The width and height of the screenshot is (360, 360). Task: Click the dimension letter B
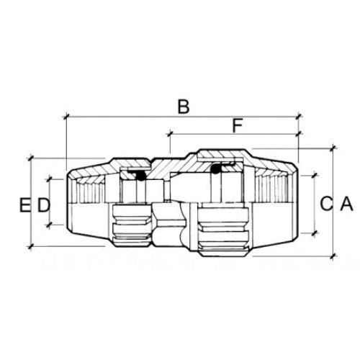pyautogui.click(x=184, y=107)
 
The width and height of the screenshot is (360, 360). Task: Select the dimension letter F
pyautogui.click(x=238, y=126)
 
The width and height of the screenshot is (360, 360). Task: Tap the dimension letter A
pyautogui.click(x=346, y=204)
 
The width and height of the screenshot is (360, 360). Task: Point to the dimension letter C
pyautogui.click(x=326, y=204)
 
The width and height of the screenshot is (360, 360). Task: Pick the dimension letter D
pyautogui.click(x=43, y=205)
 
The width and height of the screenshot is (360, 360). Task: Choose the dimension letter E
pyautogui.click(x=24, y=205)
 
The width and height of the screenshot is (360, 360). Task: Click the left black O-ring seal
pyautogui.click(x=140, y=176)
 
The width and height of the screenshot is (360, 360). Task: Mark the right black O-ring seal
pyautogui.click(x=215, y=169)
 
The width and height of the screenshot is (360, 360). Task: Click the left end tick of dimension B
pyautogui.click(x=66, y=117)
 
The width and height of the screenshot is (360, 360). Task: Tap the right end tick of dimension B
pyautogui.click(x=298, y=117)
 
